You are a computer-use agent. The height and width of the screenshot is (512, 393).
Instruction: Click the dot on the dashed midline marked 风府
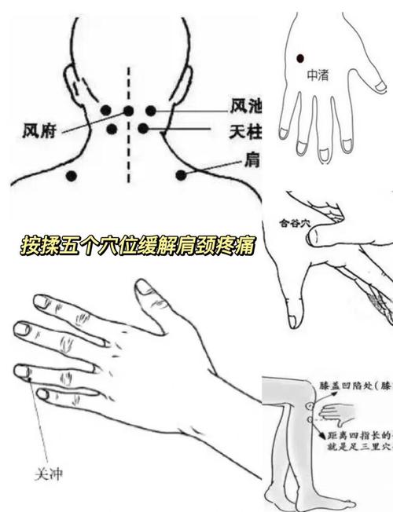[128, 111]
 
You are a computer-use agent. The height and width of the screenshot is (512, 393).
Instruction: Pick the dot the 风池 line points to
[149, 111]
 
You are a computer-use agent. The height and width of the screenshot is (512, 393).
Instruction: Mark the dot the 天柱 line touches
[143, 129]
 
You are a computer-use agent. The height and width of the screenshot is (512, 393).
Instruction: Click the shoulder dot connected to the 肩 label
[182, 175]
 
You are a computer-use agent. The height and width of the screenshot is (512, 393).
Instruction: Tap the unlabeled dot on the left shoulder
[72, 175]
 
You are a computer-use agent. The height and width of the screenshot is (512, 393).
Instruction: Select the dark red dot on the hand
[300, 57]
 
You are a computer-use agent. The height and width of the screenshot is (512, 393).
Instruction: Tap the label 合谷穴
[296, 222]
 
